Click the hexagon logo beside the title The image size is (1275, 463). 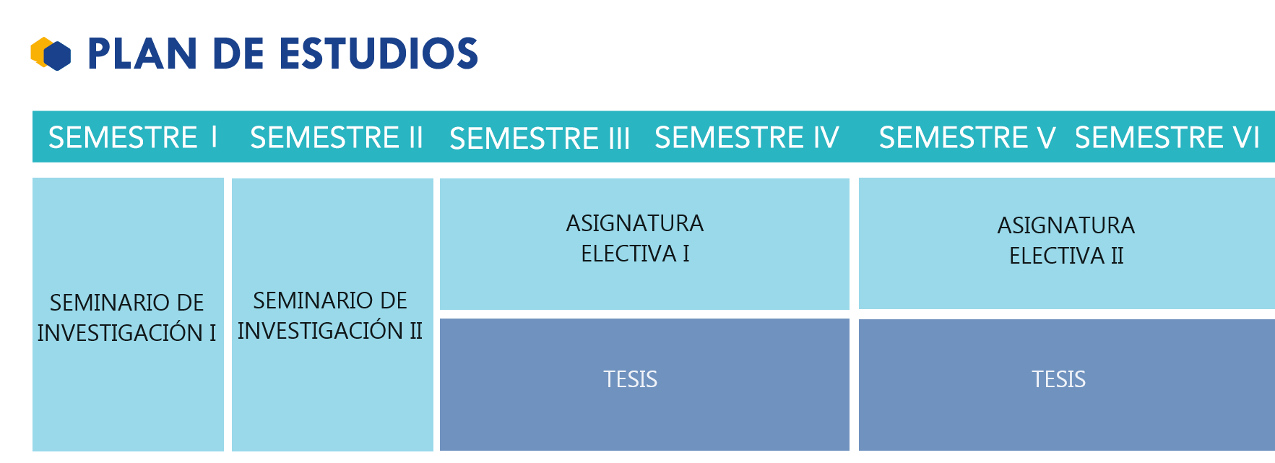pyautogui.click(x=51, y=53)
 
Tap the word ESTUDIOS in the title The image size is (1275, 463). pyautogui.click(x=379, y=54)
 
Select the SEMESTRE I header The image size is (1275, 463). pyautogui.click(x=132, y=137)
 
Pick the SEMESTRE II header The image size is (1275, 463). pyautogui.click(x=336, y=137)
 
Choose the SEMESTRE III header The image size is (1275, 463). pyautogui.click(x=540, y=138)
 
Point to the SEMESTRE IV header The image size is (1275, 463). pyautogui.click(x=747, y=137)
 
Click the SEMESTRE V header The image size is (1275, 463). pyautogui.click(x=967, y=137)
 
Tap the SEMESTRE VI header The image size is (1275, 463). pyautogui.click(x=1167, y=137)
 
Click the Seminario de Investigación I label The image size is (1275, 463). pyautogui.click(x=127, y=317)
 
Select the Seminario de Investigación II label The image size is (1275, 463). pyautogui.click(x=330, y=315)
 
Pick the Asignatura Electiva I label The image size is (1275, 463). pyautogui.click(x=635, y=238)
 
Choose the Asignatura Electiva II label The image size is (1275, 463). pyautogui.click(x=1066, y=241)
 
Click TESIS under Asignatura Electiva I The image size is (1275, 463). pyautogui.click(x=631, y=379)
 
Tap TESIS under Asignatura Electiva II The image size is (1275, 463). pyautogui.click(x=1058, y=379)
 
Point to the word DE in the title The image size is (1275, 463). pyautogui.click(x=239, y=54)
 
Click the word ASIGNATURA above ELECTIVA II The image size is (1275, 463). pyautogui.click(x=1066, y=225)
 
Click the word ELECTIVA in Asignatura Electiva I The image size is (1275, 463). pyautogui.click(x=629, y=254)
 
